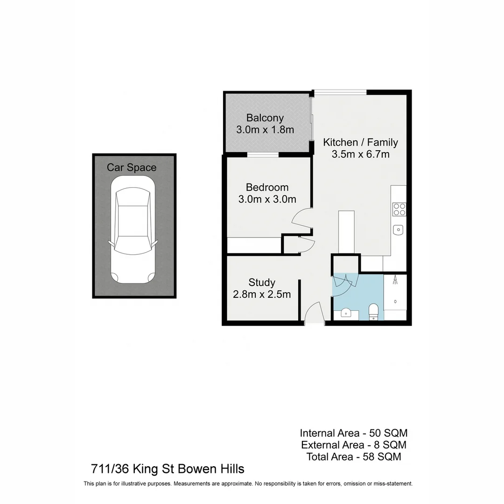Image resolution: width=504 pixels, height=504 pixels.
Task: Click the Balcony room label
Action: click(265, 118)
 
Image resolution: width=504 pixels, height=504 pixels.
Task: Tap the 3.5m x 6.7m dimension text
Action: click(360, 154)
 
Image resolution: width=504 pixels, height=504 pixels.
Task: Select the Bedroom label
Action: click(267, 187)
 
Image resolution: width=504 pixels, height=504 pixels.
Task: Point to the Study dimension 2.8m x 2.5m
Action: click(262, 294)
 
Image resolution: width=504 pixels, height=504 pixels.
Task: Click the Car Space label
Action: click(132, 168)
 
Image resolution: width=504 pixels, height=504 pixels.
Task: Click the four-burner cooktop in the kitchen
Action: click(399, 209)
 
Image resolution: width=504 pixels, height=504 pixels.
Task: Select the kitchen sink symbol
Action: click(398, 229)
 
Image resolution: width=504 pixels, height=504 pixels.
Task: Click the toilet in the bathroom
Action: click(373, 311)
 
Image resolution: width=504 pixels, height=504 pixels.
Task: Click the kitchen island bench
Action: click(346, 231)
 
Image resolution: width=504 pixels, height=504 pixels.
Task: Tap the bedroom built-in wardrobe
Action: click(254, 245)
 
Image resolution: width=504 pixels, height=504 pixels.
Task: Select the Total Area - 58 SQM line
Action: click(353, 457)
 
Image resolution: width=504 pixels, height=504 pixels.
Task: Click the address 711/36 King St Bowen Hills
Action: click(167, 469)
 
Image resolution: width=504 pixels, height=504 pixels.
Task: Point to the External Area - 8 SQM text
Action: click(353, 445)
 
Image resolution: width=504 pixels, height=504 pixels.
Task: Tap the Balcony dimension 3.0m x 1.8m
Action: click(265, 130)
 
